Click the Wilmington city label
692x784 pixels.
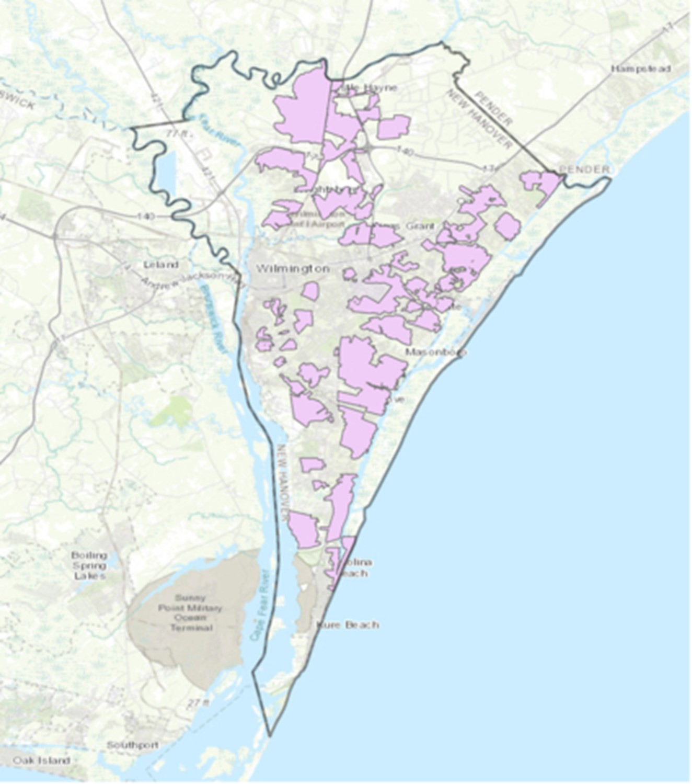coord(293,269)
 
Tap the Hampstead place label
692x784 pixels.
coord(641,69)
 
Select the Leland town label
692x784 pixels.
coord(161,265)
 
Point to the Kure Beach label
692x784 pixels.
coord(348,625)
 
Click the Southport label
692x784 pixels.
coord(133,745)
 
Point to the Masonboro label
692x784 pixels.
coord(436,352)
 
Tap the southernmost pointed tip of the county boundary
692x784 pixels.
coord(269,735)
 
